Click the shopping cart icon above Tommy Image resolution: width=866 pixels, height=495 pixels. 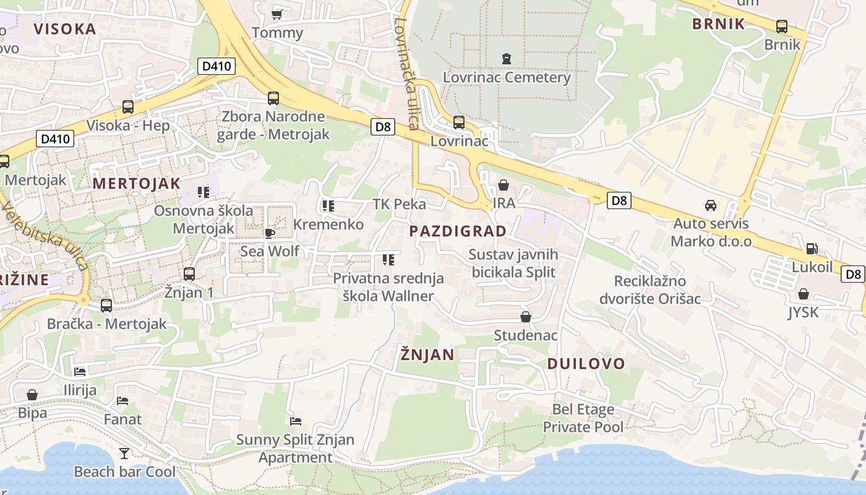coord(277,14)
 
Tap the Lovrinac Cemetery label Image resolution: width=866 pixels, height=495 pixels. coord(507,77)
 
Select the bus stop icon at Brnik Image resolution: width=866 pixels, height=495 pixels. coord(782,27)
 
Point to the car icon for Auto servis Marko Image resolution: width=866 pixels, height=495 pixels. coord(711,205)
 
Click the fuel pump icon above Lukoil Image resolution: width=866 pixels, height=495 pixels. coord(812,249)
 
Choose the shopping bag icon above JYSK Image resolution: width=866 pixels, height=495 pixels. coord(803,294)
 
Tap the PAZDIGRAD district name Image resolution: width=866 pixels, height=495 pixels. coord(458,231)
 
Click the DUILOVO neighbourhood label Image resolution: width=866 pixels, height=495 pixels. coord(586,364)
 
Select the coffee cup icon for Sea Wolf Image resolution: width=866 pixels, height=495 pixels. coord(269,233)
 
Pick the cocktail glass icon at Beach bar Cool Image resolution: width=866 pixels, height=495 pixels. coord(124,454)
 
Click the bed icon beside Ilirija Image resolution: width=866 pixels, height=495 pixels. coord(80,372)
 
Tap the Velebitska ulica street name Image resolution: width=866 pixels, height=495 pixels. coord(45,235)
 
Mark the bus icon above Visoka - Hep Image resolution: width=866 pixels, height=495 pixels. coord(128,107)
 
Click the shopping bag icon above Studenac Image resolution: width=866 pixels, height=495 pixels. coord(526,317)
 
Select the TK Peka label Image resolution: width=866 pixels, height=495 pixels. coord(399,204)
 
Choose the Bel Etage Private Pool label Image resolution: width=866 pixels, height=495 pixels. coord(583,418)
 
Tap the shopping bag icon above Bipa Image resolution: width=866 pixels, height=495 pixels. coord(32,395)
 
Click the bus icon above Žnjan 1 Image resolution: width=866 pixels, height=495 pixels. coord(189,273)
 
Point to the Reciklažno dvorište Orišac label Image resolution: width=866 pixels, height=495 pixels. coord(649,290)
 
